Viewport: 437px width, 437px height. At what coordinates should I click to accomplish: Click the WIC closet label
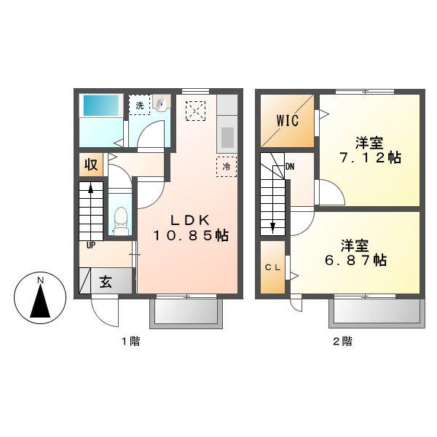288,120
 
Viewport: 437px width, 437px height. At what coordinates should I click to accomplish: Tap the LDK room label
190,221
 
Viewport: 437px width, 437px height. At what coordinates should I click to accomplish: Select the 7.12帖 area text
370,158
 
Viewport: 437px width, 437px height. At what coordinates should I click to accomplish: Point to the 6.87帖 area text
355,261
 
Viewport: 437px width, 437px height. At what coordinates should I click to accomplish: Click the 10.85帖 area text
191,236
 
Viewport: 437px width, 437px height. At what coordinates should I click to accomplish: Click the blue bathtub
101,106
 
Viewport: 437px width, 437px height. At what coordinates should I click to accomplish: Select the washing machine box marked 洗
140,105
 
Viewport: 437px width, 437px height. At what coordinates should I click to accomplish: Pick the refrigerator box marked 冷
227,167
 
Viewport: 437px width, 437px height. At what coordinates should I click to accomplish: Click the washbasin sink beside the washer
162,103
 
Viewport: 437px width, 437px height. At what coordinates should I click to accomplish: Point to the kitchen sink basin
227,138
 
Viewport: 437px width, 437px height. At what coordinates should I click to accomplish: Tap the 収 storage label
91,165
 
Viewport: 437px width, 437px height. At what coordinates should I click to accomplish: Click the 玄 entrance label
106,282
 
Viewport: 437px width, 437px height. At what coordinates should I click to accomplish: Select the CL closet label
272,267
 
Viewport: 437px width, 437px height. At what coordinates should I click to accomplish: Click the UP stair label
91,245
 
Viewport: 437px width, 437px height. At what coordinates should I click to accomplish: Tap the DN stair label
290,167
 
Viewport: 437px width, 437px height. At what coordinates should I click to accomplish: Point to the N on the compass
41,280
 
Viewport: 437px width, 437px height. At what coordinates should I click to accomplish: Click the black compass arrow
40,302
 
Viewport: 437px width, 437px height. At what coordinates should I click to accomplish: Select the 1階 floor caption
130,341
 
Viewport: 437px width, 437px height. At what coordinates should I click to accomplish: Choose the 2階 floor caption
342,341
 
